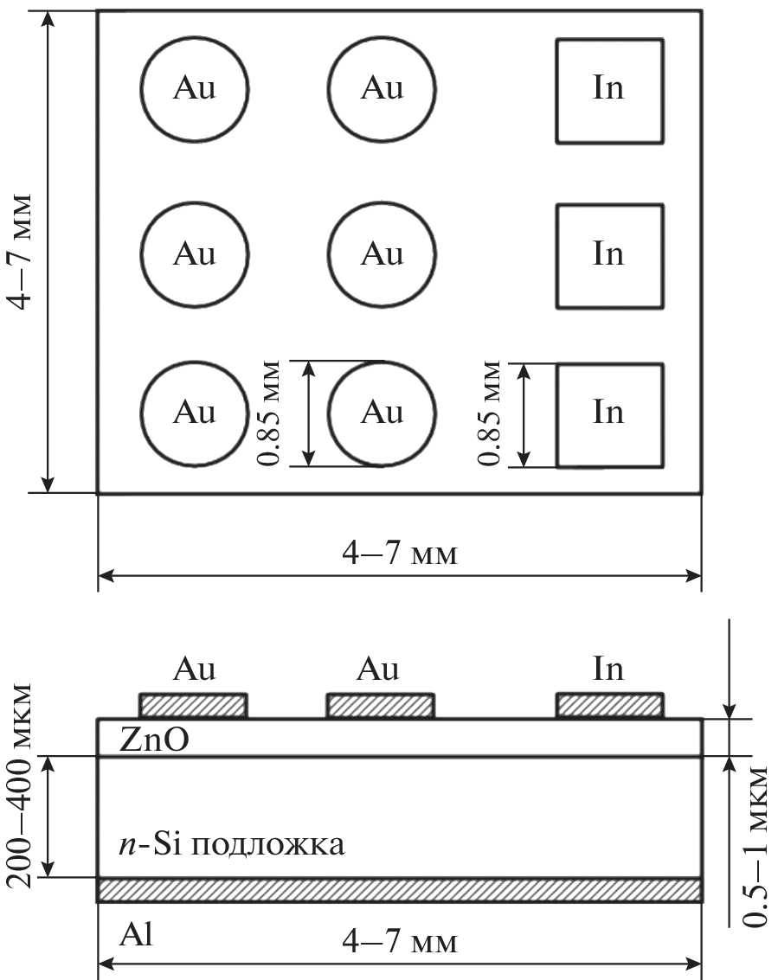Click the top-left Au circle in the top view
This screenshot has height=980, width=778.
tap(195, 89)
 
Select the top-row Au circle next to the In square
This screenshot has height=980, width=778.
tap(382, 89)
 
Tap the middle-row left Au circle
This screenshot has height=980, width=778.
tap(195, 254)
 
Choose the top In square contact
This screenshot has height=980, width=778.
tap(609, 91)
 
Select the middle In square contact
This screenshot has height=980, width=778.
tap(609, 256)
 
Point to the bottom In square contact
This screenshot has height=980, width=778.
tap(609, 415)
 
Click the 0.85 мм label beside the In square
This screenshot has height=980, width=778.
tap(492, 414)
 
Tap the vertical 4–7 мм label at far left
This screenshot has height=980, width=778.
tap(19, 251)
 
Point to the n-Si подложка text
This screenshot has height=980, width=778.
tap(232, 843)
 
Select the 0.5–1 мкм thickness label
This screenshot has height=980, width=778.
tap(758, 845)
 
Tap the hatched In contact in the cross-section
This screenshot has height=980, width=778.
tap(610, 706)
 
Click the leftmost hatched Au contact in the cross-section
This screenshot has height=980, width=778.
tap(194, 706)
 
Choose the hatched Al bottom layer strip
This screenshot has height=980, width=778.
tap(399, 890)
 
